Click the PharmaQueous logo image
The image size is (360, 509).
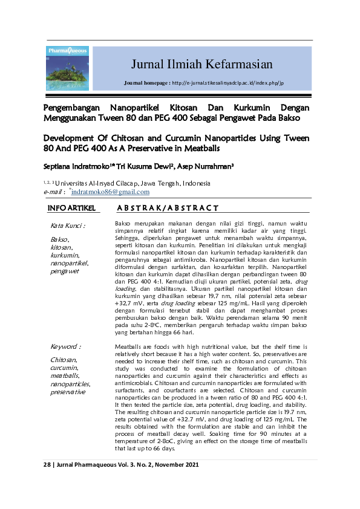pos(67,68)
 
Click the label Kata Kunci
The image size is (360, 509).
pos(68,225)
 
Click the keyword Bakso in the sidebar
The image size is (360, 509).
pos(60,240)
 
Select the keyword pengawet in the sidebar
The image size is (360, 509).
pos(64,271)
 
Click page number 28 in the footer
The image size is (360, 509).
pos(48,465)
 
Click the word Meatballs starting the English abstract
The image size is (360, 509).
pos(129,346)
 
